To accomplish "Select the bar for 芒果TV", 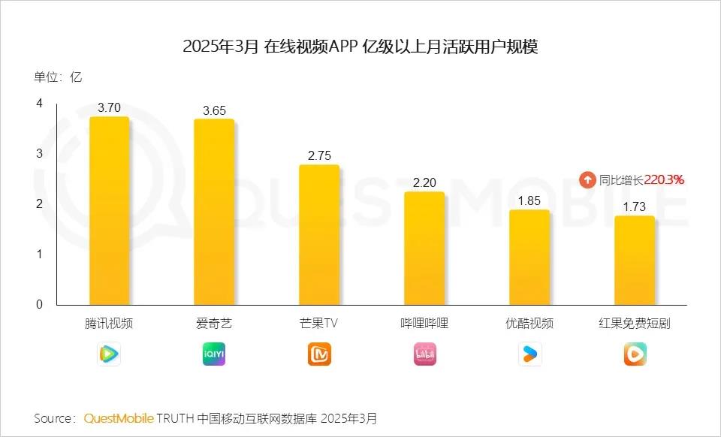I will click(319, 234).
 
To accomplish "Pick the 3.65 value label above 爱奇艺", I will click(214, 110).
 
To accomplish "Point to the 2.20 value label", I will click(424, 182).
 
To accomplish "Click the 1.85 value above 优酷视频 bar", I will click(529, 200).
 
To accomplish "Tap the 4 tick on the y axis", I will click(39, 103).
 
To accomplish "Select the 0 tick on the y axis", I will click(39, 304).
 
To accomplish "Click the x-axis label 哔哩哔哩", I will click(424, 324).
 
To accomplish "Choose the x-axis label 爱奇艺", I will click(214, 324).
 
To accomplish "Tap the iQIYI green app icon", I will click(214, 354).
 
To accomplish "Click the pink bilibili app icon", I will click(424, 354).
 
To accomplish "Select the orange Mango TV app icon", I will click(319, 354).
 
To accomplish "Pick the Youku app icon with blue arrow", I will click(529, 354).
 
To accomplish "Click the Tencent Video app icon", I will click(109, 354).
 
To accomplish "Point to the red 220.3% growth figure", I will click(664, 180).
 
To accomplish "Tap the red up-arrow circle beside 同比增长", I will click(587, 180).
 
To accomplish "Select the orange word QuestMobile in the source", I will click(119, 418).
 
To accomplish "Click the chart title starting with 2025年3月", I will click(360, 47).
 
